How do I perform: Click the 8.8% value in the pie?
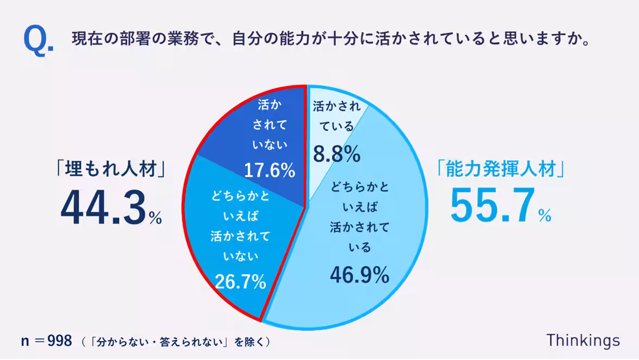[336, 155]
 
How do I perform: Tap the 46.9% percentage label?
[359, 275]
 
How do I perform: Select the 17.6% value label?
[269, 171]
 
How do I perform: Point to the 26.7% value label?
[240, 281]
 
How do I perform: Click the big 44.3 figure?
[103, 208]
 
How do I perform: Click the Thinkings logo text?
[583, 340]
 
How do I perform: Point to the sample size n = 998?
[46, 341]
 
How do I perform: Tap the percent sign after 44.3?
[155, 218]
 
